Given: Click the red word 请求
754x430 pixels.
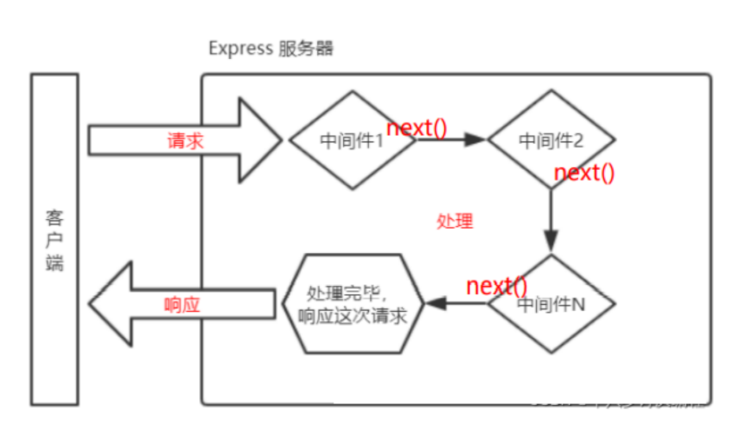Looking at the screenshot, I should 185,140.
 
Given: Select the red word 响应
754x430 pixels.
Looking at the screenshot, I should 182,304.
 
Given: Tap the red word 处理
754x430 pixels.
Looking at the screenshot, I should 455,222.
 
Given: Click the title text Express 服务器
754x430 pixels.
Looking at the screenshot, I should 271,48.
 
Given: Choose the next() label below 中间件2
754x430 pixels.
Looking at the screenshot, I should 584,173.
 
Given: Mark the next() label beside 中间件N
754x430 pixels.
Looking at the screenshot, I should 497,286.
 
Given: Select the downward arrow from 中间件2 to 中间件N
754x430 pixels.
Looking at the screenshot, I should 551,219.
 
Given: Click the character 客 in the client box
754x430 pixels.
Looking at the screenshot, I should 54,217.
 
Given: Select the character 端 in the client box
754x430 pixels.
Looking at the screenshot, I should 54,263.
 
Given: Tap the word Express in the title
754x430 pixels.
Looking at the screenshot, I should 240,48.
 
